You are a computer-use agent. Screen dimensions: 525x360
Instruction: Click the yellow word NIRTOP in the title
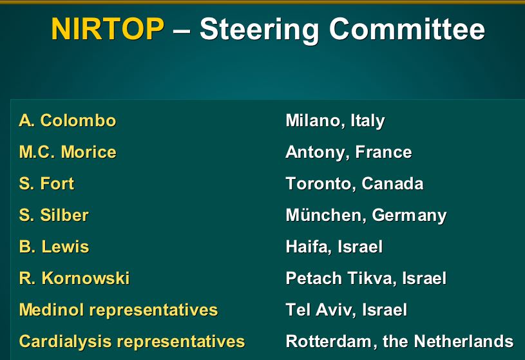(108, 29)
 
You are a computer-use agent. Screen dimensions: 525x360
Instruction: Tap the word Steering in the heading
(259, 31)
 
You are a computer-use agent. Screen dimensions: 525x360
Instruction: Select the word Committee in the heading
(407, 29)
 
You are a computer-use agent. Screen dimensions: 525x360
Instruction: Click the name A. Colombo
(68, 120)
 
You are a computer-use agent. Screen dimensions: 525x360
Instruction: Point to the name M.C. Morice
(68, 152)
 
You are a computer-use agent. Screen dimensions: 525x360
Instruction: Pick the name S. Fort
(46, 184)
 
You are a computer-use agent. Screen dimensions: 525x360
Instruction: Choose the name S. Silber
(54, 215)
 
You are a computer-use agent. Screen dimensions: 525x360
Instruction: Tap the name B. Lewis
(54, 247)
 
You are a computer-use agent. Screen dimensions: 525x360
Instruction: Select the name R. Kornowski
(74, 278)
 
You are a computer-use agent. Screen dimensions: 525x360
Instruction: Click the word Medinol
(52, 309)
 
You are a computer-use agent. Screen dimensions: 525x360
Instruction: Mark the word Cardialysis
(65, 341)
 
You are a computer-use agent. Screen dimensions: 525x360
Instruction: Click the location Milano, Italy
(336, 121)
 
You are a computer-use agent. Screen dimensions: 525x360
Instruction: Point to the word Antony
(318, 153)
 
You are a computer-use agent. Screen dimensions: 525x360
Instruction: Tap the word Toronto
(321, 184)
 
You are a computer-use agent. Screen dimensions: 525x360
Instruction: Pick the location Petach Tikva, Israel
(366, 278)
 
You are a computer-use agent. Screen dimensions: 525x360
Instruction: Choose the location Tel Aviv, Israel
(347, 310)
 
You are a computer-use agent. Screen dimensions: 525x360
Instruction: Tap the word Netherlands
(464, 341)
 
